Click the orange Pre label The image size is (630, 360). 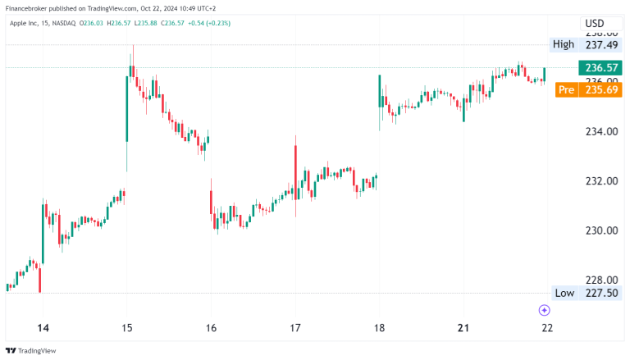[565, 89]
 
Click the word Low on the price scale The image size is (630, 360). [564, 293]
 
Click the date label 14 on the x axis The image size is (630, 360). [43, 328]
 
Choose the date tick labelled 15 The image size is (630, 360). [127, 328]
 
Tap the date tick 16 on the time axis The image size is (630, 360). [211, 328]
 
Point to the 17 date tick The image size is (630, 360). [295, 328]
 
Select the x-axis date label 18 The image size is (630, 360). [379, 328]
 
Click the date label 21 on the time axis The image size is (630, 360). [463, 328]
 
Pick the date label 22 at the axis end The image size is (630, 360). [547, 328]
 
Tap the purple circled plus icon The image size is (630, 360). [544, 310]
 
